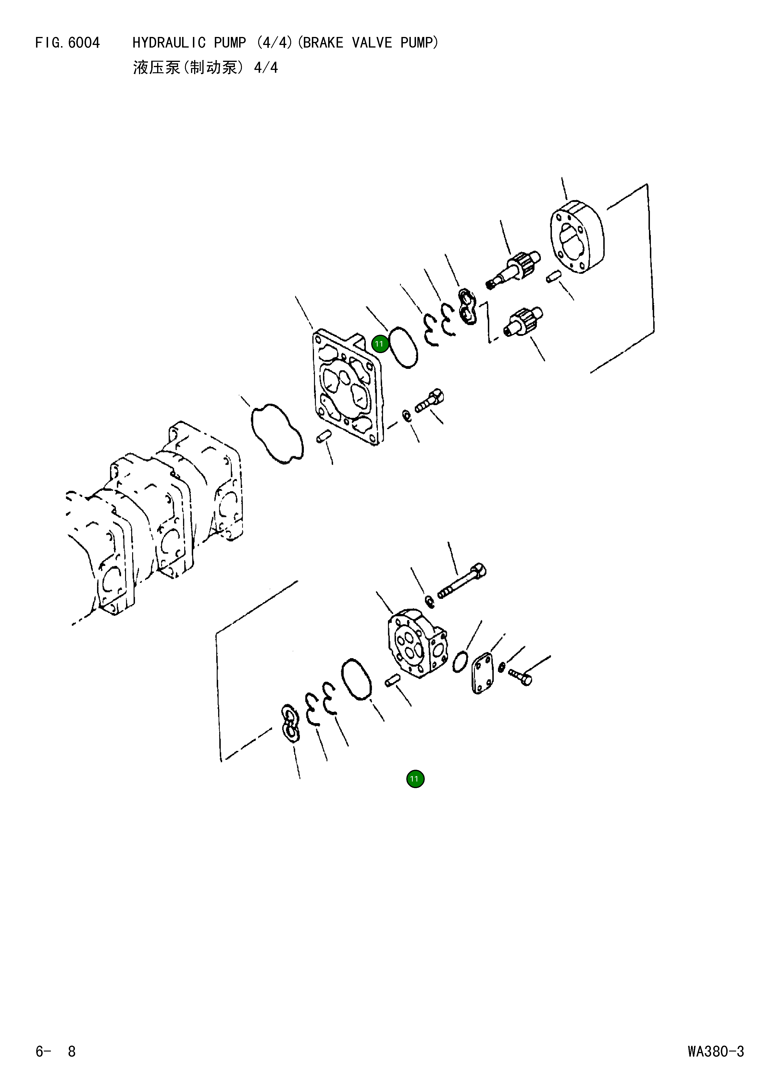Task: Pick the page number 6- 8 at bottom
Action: pos(56,1052)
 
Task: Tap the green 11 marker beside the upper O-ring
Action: pos(379,344)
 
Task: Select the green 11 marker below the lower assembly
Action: pos(415,779)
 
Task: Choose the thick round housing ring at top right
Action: pos(577,237)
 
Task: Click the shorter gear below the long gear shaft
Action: pos(524,321)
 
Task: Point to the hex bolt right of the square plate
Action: pos(429,401)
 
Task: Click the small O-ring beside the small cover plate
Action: pos(460,662)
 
